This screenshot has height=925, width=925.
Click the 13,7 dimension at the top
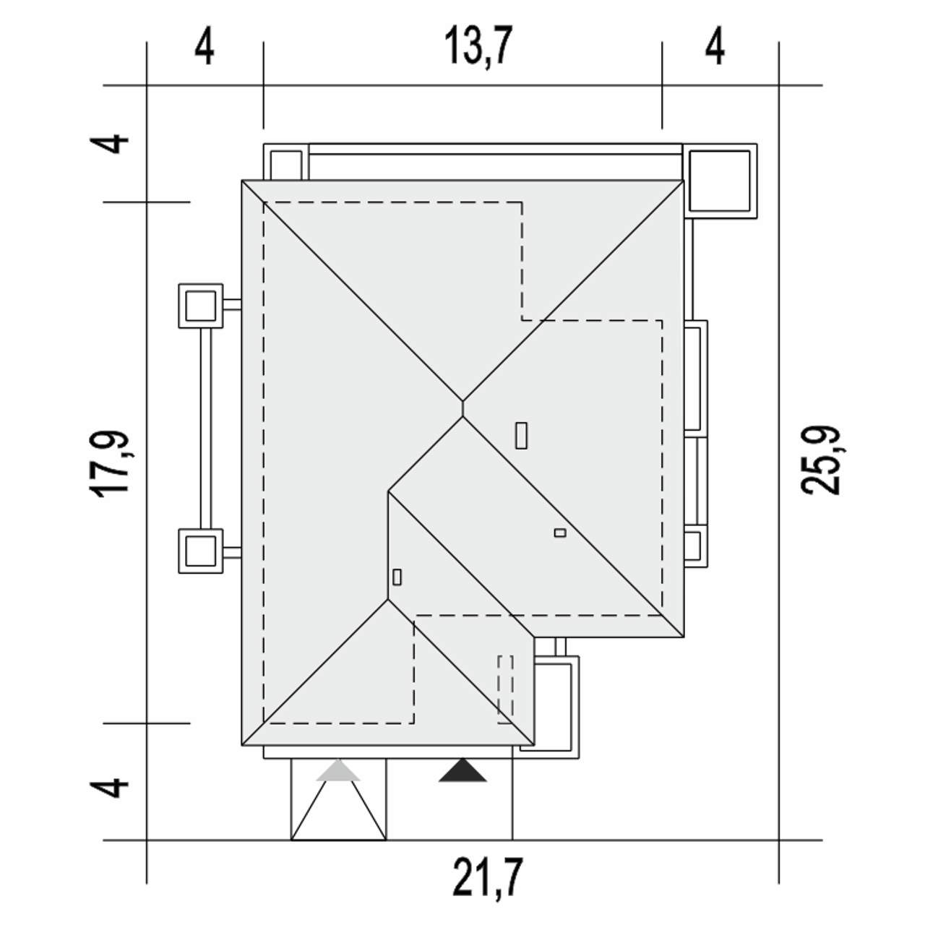[478, 46]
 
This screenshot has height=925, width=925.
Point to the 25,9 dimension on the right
[820, 460]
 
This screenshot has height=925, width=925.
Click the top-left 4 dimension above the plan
[204, 48]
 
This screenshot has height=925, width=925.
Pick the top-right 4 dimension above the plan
[715, 48]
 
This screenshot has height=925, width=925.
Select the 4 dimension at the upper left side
[109, 144]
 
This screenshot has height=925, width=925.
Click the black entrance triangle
[462, 770]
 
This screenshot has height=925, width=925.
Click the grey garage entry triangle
[338, 770]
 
